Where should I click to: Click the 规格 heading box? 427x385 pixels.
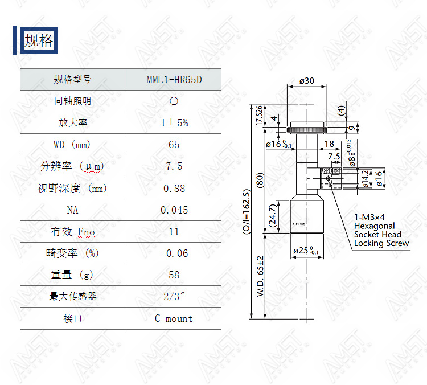tap(39, 40)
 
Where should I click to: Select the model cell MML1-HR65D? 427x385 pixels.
tap(174, 80)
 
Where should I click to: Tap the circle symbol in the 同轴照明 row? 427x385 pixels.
tap(174, 101)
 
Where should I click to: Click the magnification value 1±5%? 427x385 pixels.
tap(174, 123)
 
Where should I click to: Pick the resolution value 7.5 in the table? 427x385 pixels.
tap(174, 166)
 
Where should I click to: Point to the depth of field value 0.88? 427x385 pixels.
tap(174, 189)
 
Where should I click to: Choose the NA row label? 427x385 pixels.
tap(72, 210)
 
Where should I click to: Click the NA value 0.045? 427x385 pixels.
tap(174, 210)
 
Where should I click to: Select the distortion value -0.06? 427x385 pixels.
tap(174, 253)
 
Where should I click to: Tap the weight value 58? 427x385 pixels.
tap(174, 275)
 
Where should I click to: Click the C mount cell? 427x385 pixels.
tap(174, 318)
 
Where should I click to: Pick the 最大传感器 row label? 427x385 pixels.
tap(73, 297)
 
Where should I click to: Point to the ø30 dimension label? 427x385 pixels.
tap(307, 81)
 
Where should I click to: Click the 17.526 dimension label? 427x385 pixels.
tap(259, 115)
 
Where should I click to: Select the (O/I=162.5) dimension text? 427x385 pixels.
tap(246, 211)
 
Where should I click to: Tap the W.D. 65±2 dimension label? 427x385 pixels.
tap(260, 276)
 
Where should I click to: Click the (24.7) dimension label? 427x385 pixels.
tap(273, 216)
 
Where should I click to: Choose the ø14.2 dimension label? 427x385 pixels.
tap(366, 179)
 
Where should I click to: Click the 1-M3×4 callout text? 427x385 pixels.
tap(369, 217)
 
